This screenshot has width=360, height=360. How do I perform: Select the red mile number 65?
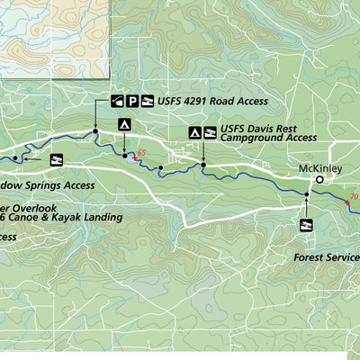pos(140,152)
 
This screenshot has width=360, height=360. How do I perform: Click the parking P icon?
pos(132,101)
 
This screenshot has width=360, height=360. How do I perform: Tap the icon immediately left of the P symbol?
pos(117,101)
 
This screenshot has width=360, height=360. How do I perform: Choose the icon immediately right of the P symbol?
pos(148,101)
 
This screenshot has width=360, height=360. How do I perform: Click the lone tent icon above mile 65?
pos(124,125)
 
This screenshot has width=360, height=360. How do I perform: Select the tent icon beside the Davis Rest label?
pos(194,133)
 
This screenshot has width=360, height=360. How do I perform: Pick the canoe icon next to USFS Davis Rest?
pos(210,133)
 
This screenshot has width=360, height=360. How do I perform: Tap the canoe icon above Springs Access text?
pos(57,159)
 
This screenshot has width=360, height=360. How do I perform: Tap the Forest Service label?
pos(326,256)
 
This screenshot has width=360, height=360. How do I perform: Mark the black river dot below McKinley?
pos(307,193)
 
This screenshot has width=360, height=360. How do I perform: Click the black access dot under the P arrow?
pos(94,133)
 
